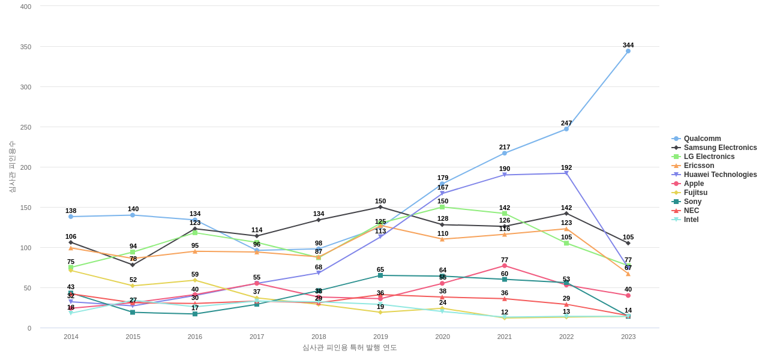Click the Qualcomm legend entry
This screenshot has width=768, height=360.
point(702,139)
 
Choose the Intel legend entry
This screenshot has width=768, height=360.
point(691,220)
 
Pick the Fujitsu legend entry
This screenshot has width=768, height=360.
point(695,193)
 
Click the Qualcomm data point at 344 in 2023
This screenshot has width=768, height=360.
point(628,51)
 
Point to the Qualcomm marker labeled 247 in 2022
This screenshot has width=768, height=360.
point(566,129)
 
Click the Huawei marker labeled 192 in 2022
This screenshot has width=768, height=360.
point(566,173)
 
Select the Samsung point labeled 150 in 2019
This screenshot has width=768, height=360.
point(380,207)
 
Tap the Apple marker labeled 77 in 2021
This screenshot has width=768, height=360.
point(505,266)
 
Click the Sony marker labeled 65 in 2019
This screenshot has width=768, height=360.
point(380,275)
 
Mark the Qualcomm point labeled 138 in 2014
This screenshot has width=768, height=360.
point(71,217)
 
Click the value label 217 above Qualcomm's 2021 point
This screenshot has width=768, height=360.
point(505,147)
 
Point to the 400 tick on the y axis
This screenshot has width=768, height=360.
point(26,7)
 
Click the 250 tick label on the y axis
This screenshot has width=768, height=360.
point(26,127)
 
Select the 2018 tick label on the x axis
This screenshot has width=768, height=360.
point(319,337)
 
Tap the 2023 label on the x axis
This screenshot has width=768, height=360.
point(628,337)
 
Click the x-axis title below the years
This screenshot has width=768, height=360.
point(350,347)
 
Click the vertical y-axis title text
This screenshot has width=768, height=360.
point(12,167)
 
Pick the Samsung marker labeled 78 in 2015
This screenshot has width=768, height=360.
point(133,265)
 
